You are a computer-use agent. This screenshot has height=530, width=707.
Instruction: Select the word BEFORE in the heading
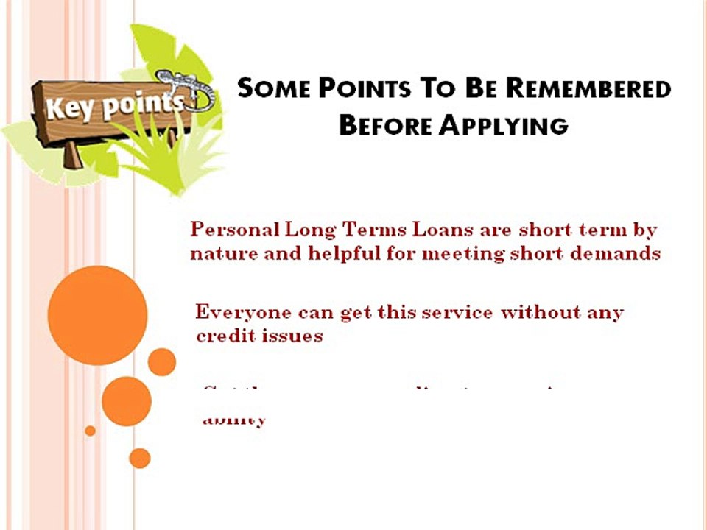point(385,125)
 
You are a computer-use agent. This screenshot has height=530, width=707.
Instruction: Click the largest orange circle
point(97,315)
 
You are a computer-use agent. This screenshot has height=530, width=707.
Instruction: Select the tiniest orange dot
point(90,431)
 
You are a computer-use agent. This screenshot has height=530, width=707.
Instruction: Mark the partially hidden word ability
point(233,420)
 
